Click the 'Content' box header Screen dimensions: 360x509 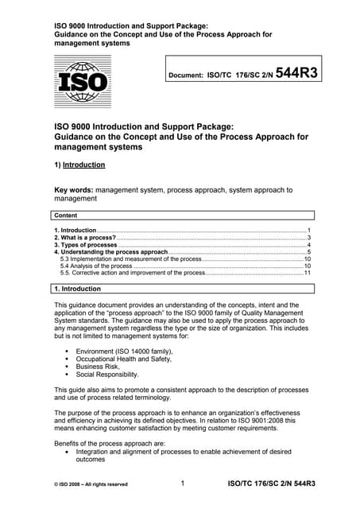tap(68, 216)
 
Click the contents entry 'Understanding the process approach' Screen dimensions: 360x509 tap(110, 252)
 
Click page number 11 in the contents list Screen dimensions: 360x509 tap(307, 273)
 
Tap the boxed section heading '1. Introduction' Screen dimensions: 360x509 tap(78, 289)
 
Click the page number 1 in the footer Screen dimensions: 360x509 tap(183, 483)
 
